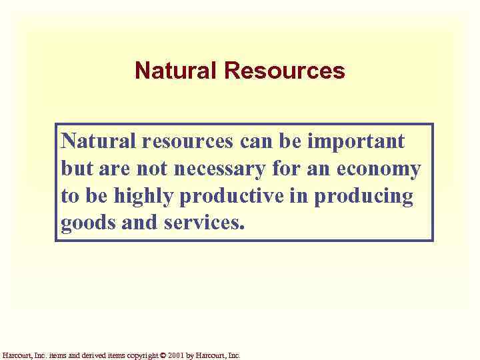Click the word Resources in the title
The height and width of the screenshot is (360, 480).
click(x=285, y=71)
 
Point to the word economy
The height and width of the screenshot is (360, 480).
click(x=379, y=169)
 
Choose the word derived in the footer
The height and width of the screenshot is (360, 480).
click(x=93, y=356)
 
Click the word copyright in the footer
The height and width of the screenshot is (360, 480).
click(x=141, y=356)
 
